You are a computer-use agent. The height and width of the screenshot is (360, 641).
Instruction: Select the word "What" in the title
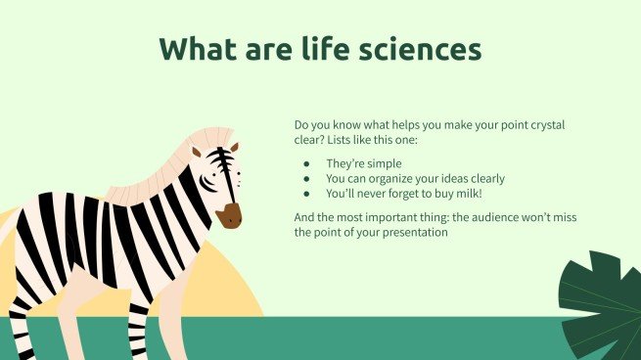(198, 49)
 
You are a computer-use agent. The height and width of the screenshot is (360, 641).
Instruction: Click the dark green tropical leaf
(598, 304)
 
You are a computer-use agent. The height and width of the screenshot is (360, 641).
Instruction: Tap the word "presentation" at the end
(415, 233)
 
